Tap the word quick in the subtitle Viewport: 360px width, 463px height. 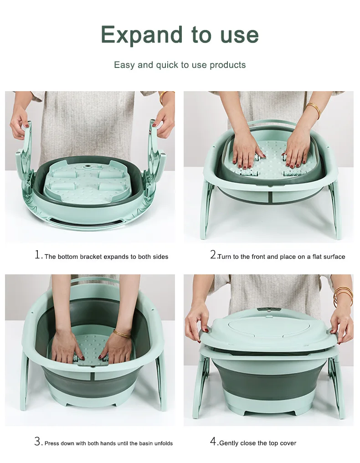(x=167, y=65)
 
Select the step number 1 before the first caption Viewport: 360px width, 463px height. (x=38, y=255)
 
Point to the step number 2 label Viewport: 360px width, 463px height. (x=213, y=255)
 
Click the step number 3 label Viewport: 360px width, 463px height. (x=38, y=442)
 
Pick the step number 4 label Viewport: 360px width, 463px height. (x=213, y=442)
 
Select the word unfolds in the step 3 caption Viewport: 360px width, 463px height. (x=161, y=443)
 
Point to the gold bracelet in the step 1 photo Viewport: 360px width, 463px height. (x=162, y=97)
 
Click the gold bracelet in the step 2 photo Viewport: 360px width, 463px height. (x=314, y=109)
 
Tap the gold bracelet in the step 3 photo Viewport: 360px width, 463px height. (x=121, y=334)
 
